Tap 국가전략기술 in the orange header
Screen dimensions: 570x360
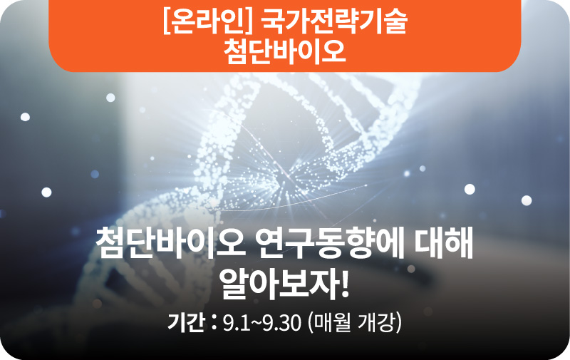(334, 22)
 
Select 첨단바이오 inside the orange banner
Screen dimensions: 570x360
(284, 51)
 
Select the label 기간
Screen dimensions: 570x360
(186, 322)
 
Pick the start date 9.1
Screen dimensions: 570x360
(237, 323)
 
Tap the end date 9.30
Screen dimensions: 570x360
(281, 323)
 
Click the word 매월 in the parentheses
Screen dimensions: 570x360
(331, 322)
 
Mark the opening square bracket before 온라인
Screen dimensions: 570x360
(167, 22)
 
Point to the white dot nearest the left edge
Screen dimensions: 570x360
(25, 117)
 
